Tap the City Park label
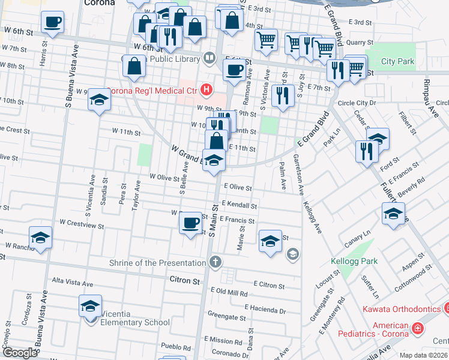tap(397, 62)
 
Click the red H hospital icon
tap(206, 90)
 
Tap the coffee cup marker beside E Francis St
tap(191, 223)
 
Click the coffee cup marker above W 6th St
tap(52, 23)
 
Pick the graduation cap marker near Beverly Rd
tap(393, 214)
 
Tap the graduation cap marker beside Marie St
tap(270, 241)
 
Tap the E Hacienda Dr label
tap(265, 311)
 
